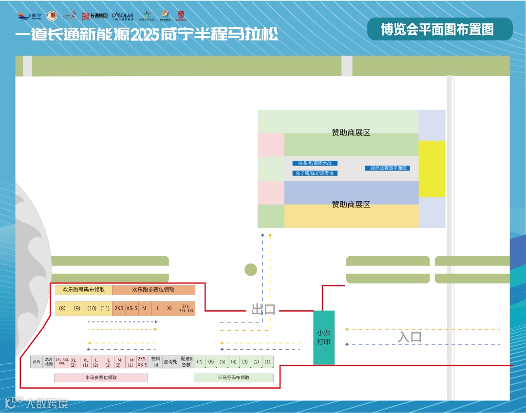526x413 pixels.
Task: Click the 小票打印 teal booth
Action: click(324, 337)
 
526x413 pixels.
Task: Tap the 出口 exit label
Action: click(263, 309)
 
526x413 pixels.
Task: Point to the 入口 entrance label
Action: click(410, 337)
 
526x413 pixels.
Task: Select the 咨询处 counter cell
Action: click(170, 362)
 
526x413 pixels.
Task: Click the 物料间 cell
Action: click(155, 361)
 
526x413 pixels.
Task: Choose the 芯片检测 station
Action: click(49, 362)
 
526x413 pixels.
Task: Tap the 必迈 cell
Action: click(37, 362)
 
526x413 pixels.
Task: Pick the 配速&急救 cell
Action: click(186, 362)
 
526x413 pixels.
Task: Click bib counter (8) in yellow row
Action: click(62, 308)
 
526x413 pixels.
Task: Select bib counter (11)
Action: click(105, 308)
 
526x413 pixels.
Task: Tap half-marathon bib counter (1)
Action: click(267, 362)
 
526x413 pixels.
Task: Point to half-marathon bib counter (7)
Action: click(200, 362)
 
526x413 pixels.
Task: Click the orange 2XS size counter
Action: click(119, 308)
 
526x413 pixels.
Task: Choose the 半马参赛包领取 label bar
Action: click(101, 377)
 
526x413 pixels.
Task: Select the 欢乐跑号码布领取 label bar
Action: click(84, 290)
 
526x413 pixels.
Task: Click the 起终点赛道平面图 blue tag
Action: click(387, 168)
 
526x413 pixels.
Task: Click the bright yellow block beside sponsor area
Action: click(432, 169)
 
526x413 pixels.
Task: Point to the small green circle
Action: click(250, 269)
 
